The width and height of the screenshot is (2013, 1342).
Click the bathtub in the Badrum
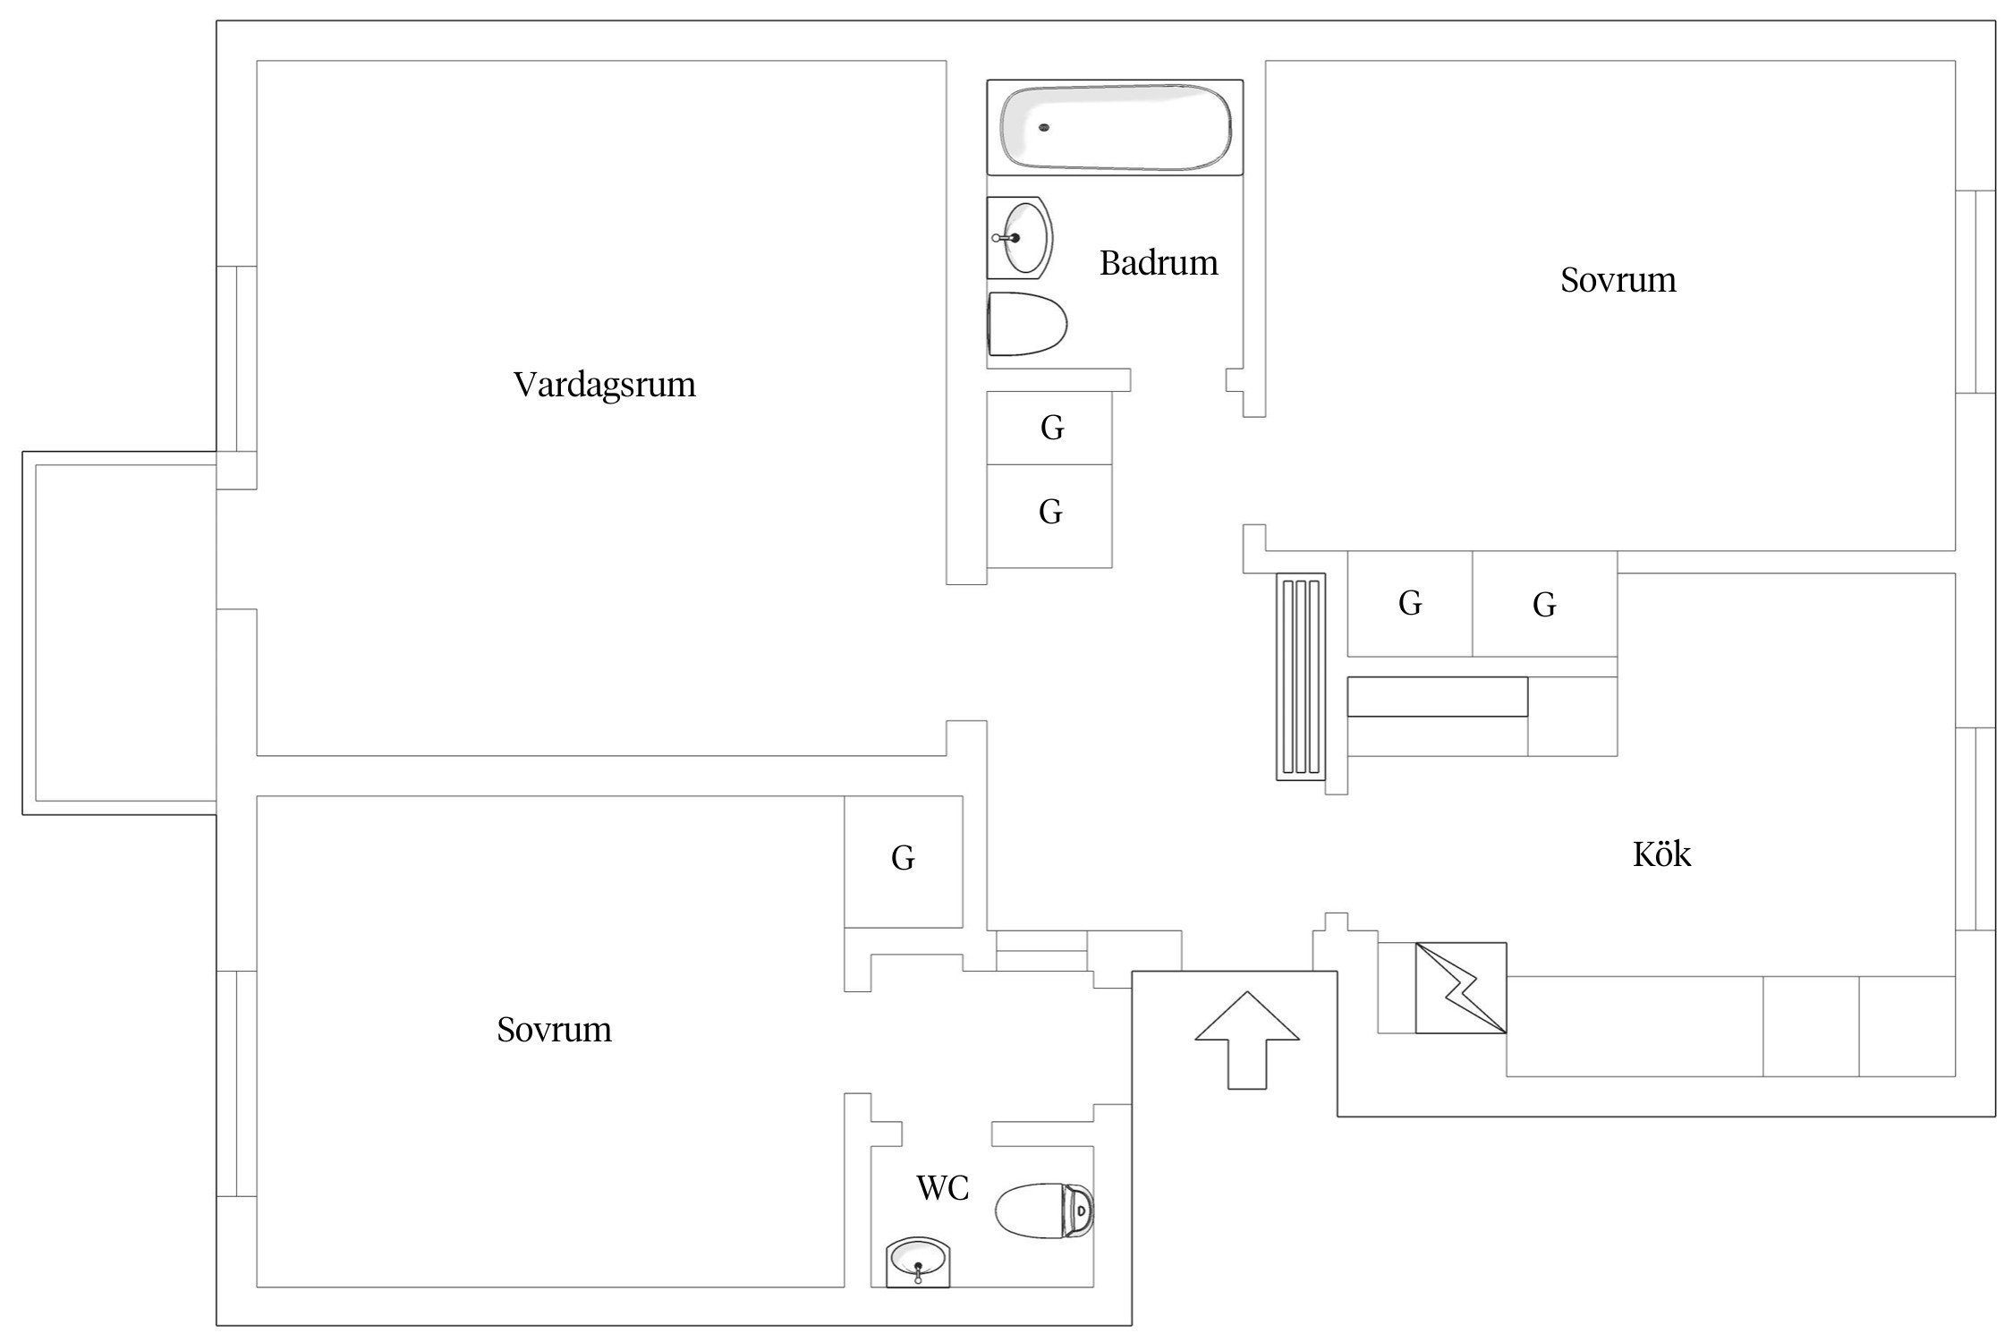[1115, 127]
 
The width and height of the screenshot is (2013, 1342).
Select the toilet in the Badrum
[1027, 324]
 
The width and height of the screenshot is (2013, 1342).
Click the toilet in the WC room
[1043, 1211]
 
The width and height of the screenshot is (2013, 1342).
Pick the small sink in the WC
[919, 1263]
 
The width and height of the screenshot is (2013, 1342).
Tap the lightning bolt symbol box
[1460, 988]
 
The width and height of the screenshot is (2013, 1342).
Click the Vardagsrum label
[604, 385]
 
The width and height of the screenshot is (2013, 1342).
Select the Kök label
[1661, 854]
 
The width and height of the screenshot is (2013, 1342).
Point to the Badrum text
[1158, 263]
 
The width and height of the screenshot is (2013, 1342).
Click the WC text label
[942, 1188]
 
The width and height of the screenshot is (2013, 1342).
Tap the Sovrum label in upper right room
[1618, 280]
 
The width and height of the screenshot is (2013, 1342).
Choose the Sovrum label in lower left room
[554, 1030]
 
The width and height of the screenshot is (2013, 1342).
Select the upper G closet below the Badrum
[1050, 428]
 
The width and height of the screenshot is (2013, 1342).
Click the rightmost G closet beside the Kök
[1544, 605]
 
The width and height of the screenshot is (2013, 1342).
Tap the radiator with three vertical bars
[1300, 676]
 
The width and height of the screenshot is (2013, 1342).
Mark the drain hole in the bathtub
[1043, 127]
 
